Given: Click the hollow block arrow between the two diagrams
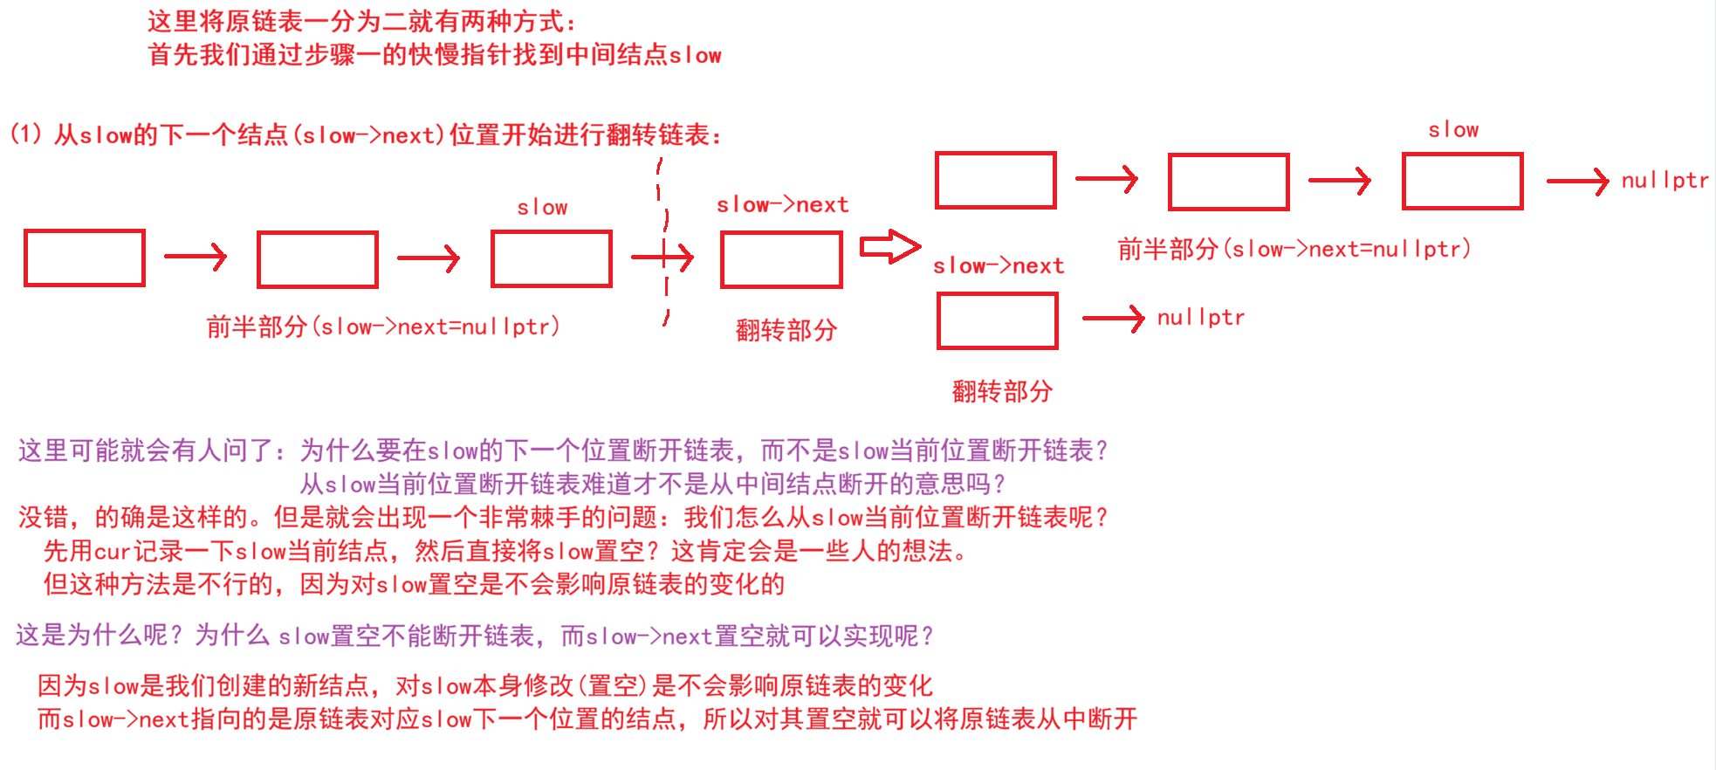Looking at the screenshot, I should [x=889, y=247].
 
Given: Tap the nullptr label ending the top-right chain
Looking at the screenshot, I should [x=1665, y=181].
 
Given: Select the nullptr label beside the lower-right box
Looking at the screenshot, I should [x=1200, y=318].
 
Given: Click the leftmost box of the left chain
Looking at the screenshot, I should [x=85, y=258].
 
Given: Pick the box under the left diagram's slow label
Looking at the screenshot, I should [x=552, y=259].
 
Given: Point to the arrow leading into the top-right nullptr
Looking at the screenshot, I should [x=1576, y=182].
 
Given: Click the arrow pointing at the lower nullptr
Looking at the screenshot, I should [x=1113, y=319].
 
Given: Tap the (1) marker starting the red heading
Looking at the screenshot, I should [x=25, y=134].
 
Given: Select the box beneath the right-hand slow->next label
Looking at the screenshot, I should [x=998, y=321].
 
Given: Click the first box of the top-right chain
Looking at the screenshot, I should [x=996, y=181].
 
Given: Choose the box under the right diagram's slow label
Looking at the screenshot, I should [x=1463, y=182].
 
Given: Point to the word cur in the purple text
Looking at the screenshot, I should [x=112, y=552].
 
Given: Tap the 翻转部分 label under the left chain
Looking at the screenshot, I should [x=786, y=331].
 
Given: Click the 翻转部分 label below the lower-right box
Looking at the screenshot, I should [x=1002, y=392].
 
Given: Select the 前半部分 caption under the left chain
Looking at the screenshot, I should [x=383, y=327].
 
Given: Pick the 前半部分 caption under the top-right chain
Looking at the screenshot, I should [x=1294, y=250].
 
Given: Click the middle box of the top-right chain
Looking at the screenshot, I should [x=1229, y=182].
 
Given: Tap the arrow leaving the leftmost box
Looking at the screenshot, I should [x=196, y=257].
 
